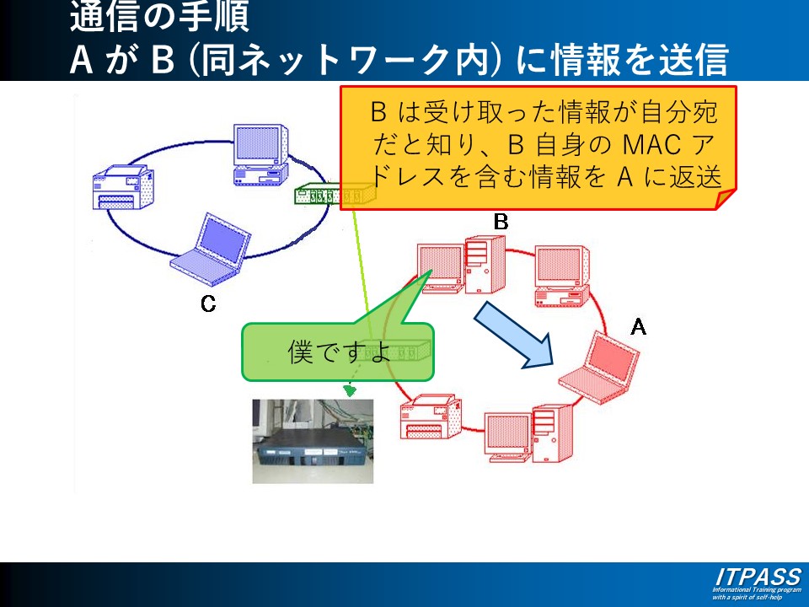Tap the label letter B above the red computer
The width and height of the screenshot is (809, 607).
click(501, 222)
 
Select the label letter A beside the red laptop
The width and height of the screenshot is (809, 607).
click(639, 326)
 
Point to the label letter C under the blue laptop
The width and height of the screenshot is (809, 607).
click(208, 303)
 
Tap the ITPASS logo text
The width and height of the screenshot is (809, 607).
click(757, 577)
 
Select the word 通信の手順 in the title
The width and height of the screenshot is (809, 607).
click(159, 16)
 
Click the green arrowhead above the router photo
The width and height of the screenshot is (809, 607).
click(350, 390)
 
